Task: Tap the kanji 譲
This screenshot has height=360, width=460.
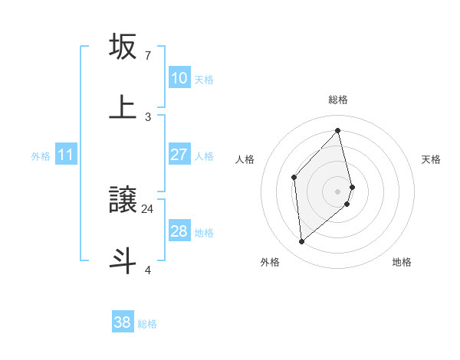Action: pyautogui.click(x=123, y=201)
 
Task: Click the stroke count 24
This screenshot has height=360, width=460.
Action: pyautogui.click(x=148, y=208)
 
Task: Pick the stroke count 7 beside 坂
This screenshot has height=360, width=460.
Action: pyautogui.click(x=148, y=55)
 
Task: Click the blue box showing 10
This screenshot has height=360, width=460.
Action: pyautogui.click(x=179, y=78)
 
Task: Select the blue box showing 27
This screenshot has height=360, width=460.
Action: pyautogui.click(x=179, y=155)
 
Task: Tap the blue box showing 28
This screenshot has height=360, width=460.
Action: pyautogui.click(x=179, y=231)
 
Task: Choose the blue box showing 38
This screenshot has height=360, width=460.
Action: pyautogui.click(x=123, y=322)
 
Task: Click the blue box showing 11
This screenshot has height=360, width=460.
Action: pyautogui.click(x=65, y=155)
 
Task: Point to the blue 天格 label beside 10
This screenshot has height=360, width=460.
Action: pyautogui.click(x=204, y=79)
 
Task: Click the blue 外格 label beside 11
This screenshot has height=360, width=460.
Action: pyautogui.click(x=41, y=155)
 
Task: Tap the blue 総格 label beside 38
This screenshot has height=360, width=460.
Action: pyautogui.click(x=147, y=323)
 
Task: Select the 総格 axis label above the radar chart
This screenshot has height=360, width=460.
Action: pyautogui.click(x=338, y=100)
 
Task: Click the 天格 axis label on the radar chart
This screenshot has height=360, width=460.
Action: pyautogui.click(x=432, y=159)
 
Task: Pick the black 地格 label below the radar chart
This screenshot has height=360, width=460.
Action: pyautogui.click(x=402, y=262)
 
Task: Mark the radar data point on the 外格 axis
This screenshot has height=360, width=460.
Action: pyautogui.click(x=302, y=242)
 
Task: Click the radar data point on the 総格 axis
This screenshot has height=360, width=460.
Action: pyautogui.click(x=338, y=130)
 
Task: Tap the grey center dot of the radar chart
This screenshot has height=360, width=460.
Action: pyautogui.click(x=338, y=190)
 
